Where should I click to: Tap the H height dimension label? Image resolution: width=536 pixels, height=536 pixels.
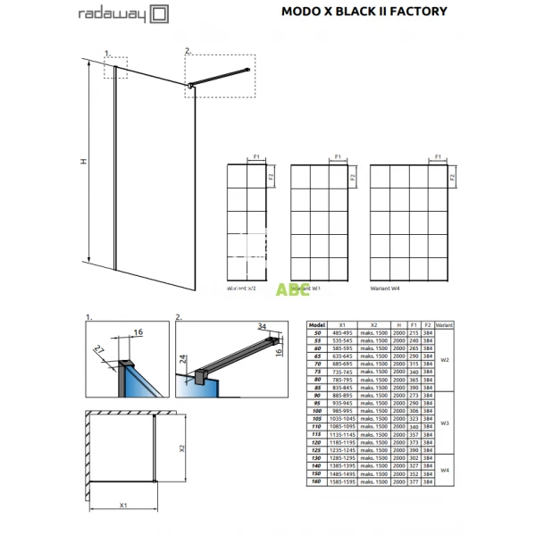point(83,162)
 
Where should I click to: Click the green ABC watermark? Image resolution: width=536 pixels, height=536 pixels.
point(287,289)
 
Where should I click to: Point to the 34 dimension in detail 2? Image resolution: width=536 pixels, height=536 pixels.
point(263,326)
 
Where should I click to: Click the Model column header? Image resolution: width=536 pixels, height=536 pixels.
point(314,326)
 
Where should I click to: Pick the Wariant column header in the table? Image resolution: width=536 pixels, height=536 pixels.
point(446,326)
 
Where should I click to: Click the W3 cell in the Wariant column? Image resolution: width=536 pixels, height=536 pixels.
point(445,423)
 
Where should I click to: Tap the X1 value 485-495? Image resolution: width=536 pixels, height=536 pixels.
point(341,334)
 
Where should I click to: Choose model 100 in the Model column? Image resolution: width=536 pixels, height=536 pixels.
point(314,411)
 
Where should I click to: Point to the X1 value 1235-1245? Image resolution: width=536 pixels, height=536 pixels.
point(341,450)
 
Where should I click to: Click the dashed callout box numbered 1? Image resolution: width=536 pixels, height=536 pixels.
point(116,69)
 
